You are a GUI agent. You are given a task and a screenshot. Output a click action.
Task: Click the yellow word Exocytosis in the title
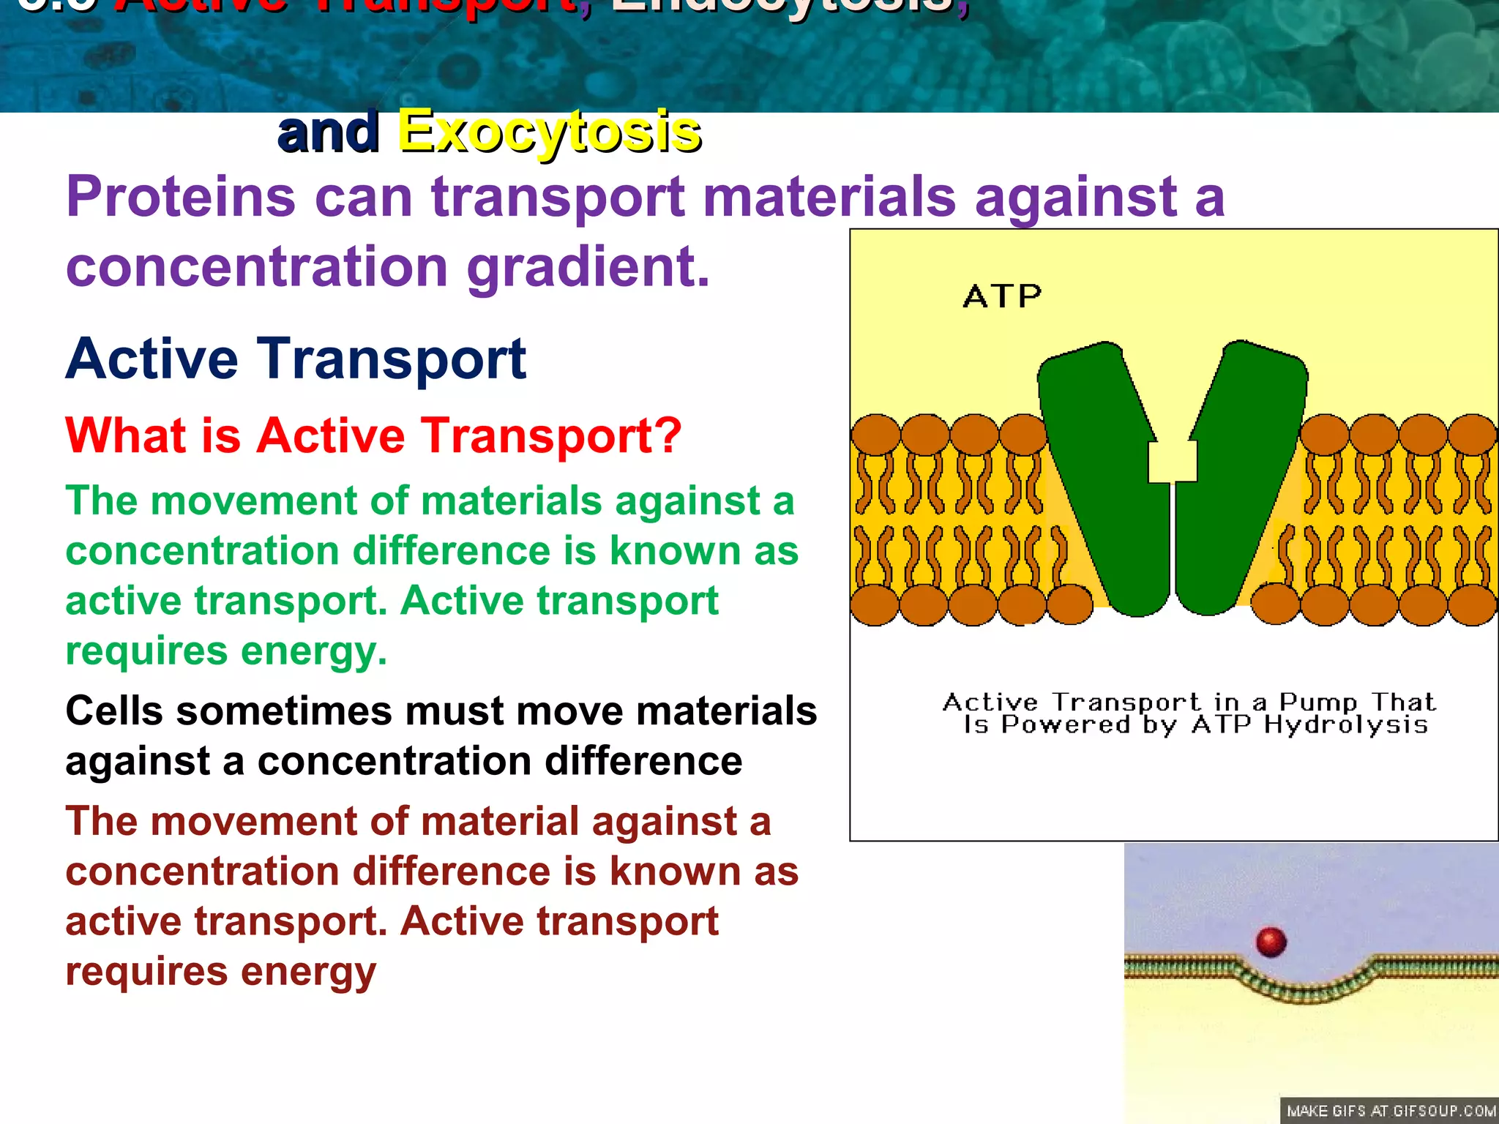pyautogui.click(x=549, y=132)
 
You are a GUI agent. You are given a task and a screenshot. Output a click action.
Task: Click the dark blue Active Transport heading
pyautogui.click(x=296, y=359)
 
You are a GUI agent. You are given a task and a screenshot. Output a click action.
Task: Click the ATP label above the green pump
pyautogui.click(x=1002, y=296)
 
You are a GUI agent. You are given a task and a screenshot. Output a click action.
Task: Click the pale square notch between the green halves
pyautogui.click(x=1173, y=462)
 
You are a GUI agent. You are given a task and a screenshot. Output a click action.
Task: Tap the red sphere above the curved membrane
pyautogui.click(x=1271, y=942)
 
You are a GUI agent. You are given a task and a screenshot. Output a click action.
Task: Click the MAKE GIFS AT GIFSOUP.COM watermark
pyautogui.click(x=1391, y=1111)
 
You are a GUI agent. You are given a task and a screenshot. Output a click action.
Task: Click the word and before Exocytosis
pyautogui.click(x=328, y=132)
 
